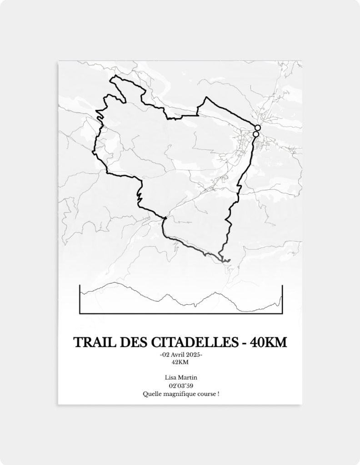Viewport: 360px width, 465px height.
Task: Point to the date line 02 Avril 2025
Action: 180,355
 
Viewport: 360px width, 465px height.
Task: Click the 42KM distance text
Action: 180,362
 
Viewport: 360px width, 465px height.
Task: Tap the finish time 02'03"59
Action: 180,386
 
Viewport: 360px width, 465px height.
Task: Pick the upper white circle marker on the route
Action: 258,128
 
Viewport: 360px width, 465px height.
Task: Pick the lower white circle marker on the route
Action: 255,134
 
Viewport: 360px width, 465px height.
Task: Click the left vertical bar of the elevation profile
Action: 80,299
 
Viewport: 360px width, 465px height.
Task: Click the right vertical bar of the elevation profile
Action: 282,299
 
